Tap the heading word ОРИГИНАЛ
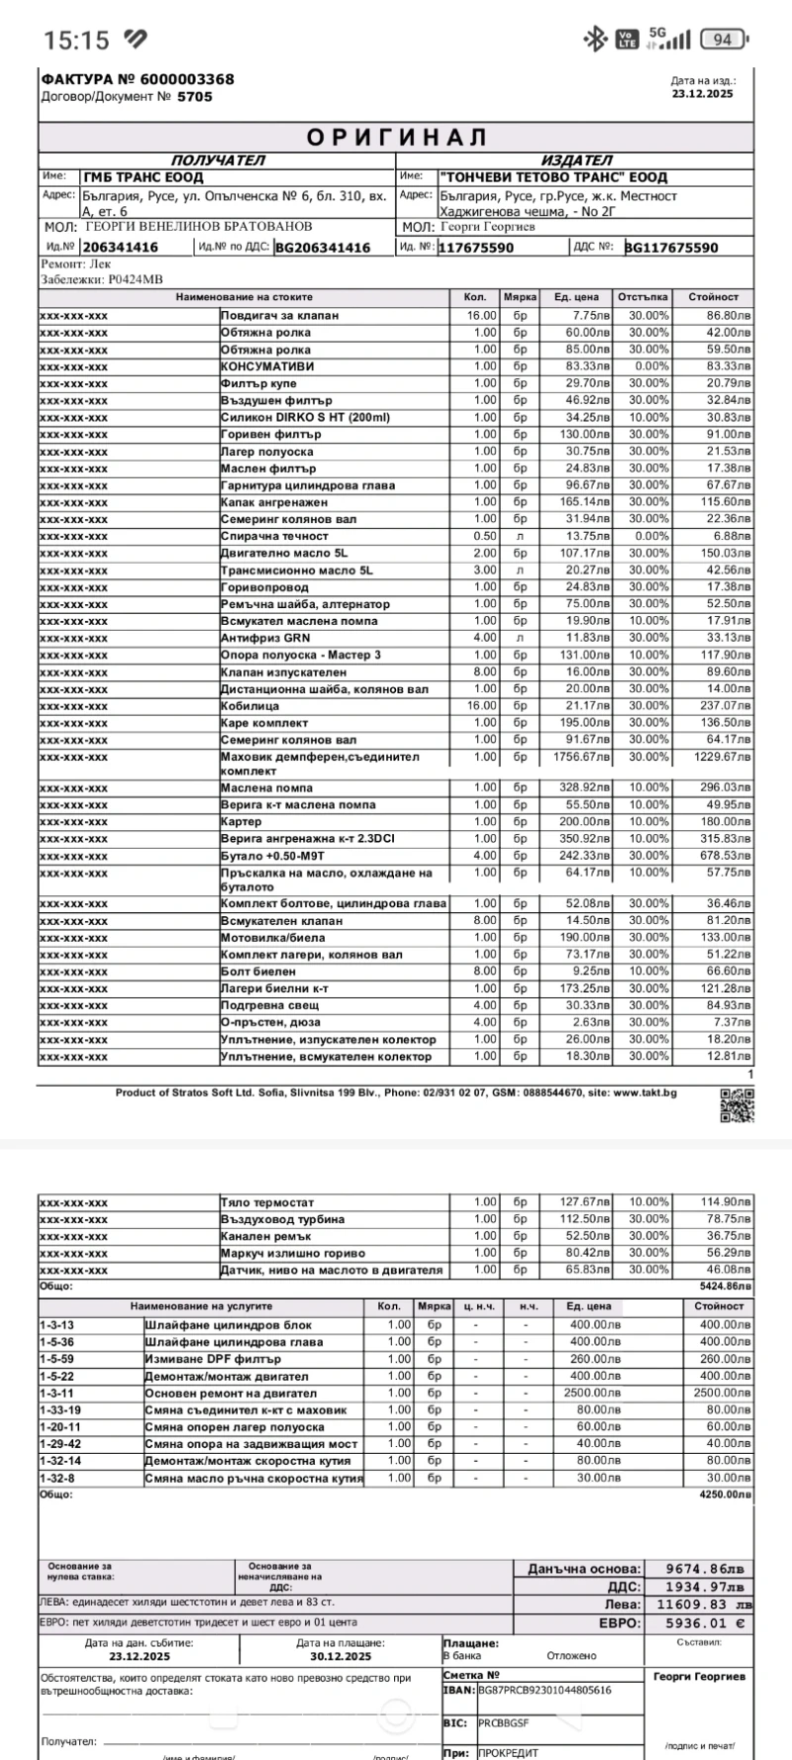tap(396, 137)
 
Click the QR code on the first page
tap(737, 1104)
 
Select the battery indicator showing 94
tap(723, 40)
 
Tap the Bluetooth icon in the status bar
tap(595, 40)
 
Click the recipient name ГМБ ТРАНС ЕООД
tap(144, 177)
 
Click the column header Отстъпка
tap(643, 297)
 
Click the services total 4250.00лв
tap(725, 1494)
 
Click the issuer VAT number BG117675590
tap(671, 248)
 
